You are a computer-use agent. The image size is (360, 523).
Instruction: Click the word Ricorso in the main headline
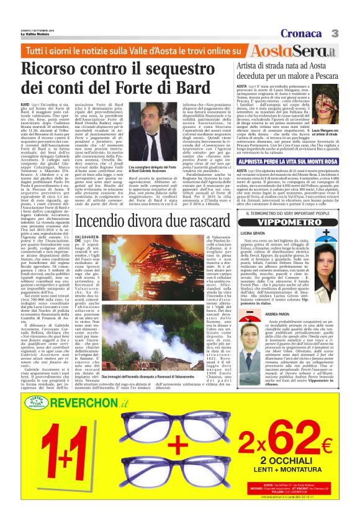coord(56,69)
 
